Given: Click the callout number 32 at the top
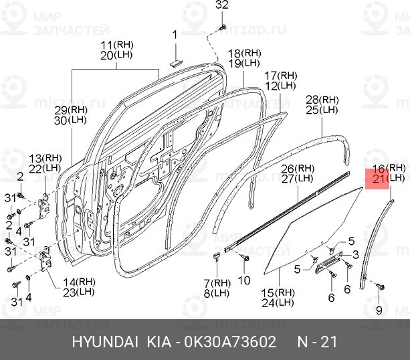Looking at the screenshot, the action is click(222, 5).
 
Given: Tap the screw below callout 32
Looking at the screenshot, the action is click(223, 27).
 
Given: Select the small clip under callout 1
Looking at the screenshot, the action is click(177, 63).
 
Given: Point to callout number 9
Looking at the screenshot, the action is click(379, 310).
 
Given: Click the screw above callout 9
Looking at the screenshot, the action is click(380, 286).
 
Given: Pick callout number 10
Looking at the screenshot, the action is click(244, 280).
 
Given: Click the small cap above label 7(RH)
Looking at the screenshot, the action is click(217, 256).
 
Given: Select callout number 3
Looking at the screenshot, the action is click(356, 254).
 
